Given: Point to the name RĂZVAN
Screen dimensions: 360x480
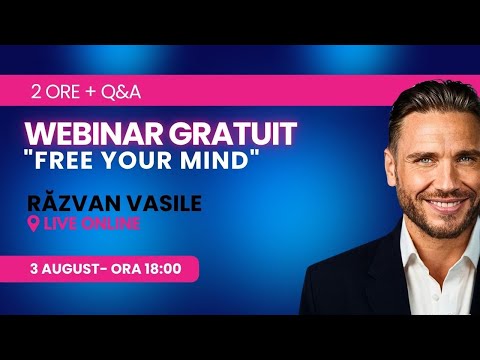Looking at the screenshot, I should (x=73, y=204).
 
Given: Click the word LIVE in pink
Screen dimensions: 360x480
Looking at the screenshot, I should (x=59, y=224).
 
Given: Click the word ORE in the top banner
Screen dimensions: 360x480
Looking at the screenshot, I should (x=61, y=92).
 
